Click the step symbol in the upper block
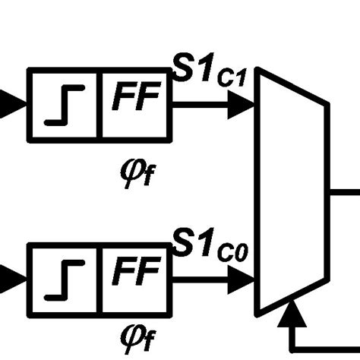(x=65, y=106)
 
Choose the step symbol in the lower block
(x=65, y=279)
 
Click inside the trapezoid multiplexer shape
(x=292, y=190)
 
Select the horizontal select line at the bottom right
(x=327, y=348)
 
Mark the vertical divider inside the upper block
(x=100, y=105)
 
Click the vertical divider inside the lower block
(x=100, y=279)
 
